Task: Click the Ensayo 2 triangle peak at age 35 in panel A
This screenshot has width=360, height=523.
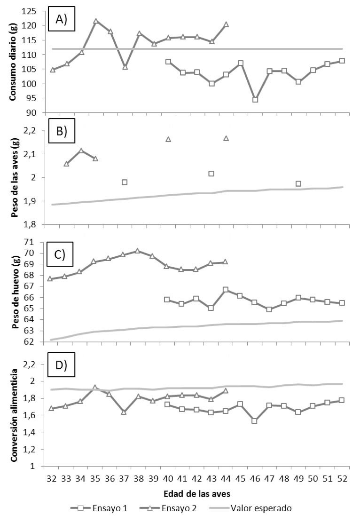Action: coord(95,21)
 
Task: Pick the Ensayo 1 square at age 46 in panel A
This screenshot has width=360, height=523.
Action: coord(255,100)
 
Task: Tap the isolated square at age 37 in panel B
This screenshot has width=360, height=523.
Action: coord(125,182)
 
